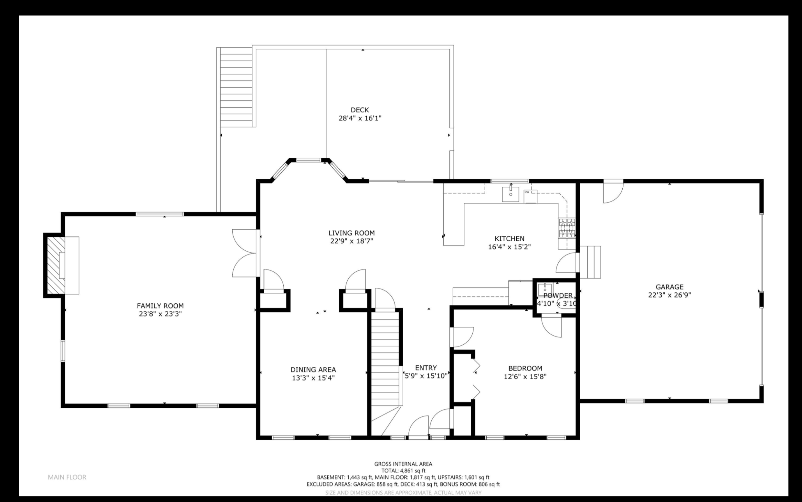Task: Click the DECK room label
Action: (x=360, y=110)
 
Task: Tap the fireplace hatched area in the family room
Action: (x=55, y=265)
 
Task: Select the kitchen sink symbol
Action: (x=510, y=194)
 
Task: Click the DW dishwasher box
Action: (x=530, y=196)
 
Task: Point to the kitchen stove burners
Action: (x=566, y=228)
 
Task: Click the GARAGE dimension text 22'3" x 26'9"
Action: (x=669, y=295)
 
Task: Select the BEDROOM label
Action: (x=525, y=368)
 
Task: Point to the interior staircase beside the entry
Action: (x=385, y=359)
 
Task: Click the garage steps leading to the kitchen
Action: (x=590, y=262)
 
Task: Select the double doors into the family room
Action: (x=245, y=253)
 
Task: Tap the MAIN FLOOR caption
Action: (x=67, y=477)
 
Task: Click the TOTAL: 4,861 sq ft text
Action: (x=403, y=470)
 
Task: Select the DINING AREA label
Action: (x=313, y=370)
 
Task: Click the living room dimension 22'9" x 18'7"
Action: (x=351, y=241)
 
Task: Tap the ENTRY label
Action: (x=426, y=368)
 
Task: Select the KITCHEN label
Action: (x=510, y=238)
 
